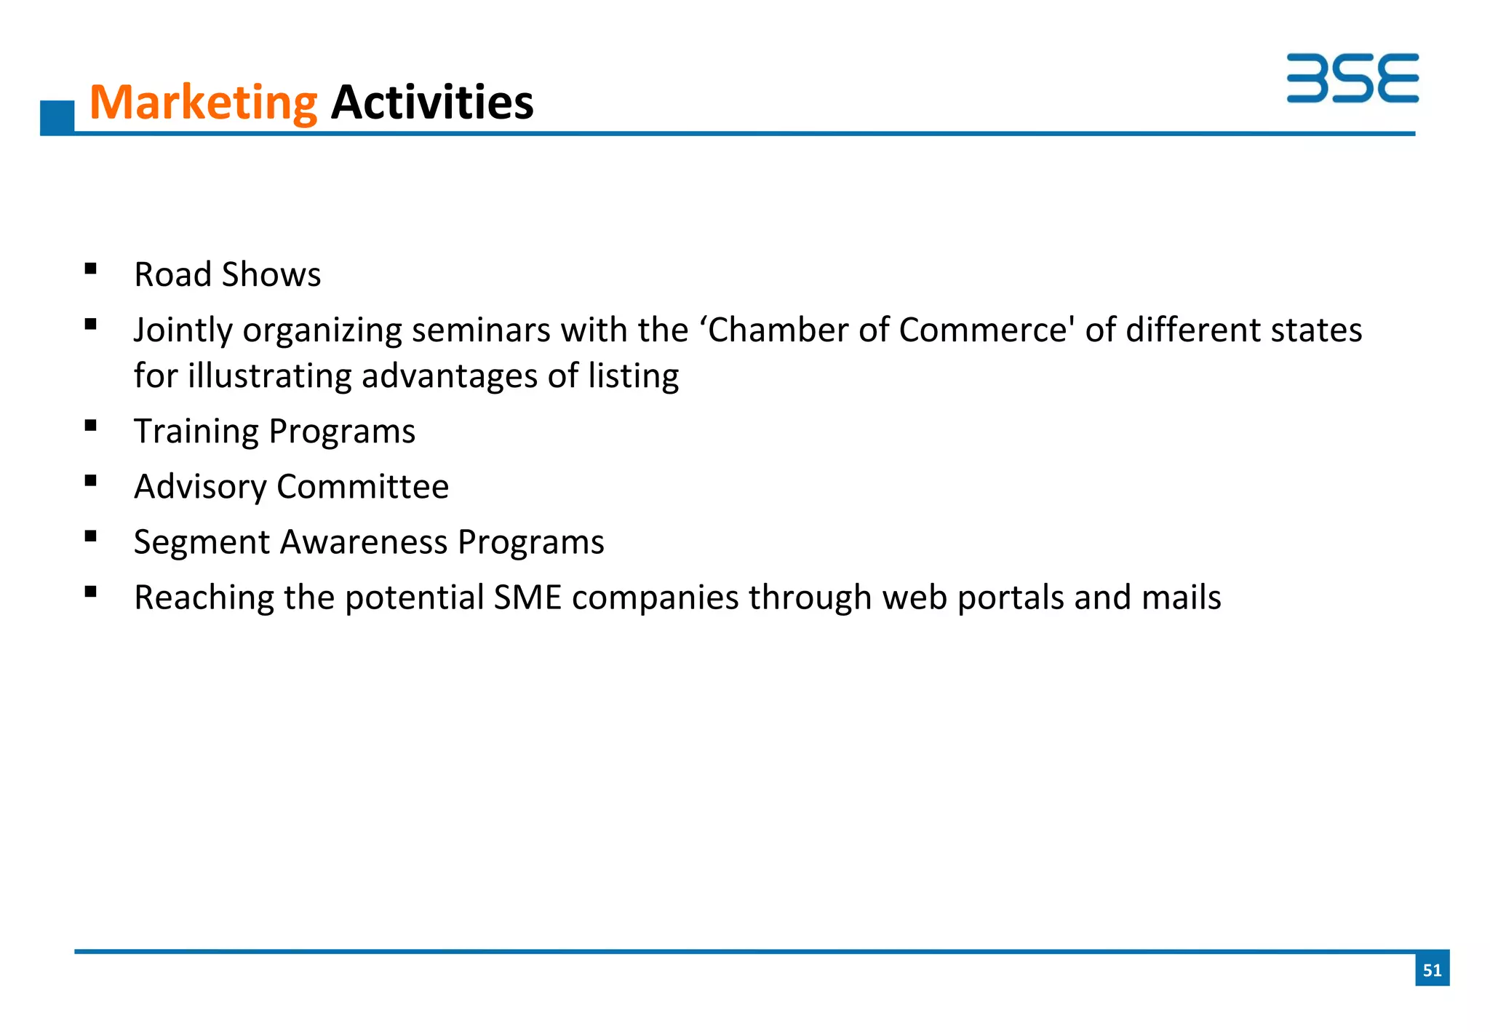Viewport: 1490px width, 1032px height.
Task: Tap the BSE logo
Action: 1352,78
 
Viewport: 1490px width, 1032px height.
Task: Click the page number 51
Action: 1432,969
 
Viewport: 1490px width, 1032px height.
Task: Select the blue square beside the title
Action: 57,117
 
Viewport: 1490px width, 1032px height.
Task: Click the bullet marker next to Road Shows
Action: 91,269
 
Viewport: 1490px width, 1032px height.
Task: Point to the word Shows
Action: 271,274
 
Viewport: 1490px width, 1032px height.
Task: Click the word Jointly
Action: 182,330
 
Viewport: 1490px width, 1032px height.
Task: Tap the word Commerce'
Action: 987,330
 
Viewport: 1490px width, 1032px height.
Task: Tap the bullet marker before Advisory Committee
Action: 91,480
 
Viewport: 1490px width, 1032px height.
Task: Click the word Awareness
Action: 363,542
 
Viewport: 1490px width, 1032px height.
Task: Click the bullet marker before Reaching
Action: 91,592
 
